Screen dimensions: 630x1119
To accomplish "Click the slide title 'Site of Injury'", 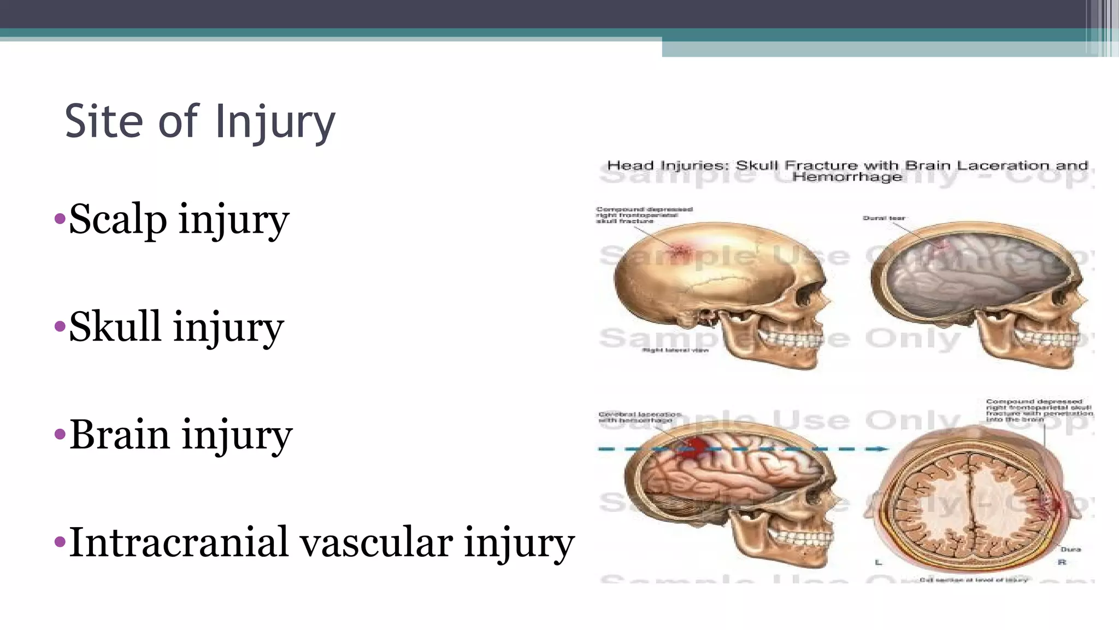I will pyautogui.click(x=200, y=121).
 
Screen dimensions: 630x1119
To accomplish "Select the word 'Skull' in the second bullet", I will pyautogui.click(x=115, y=326).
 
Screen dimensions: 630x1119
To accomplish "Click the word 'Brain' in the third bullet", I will pyautogui.click(x=120, y=435).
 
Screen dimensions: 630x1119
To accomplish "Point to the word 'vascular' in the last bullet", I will pyautogui.click(x=376, y=542).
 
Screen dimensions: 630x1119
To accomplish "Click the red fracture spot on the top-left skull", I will pyautogui.click(x=680, y=251).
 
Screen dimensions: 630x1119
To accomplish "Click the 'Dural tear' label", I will pyautogui.click(x=884, y=218).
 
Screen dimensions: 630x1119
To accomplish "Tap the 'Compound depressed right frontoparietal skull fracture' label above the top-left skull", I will pyautogui.click(x=644, y=215).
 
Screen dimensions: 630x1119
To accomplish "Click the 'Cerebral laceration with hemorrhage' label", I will pyautogui.click(x=639, y=417).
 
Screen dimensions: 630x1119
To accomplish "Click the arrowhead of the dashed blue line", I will pyautogui.click(x=881, y=449).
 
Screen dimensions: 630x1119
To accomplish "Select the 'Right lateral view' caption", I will pyautogui.click(x=675, y=350).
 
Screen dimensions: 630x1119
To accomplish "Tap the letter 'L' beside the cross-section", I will pyautogui.click(x=878, y=562).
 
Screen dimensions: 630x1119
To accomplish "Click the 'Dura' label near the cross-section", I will pyautogui.click(x=1070, y=549).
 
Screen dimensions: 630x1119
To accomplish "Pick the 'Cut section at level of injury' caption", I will pyautogui.click(x=973, y=580).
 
